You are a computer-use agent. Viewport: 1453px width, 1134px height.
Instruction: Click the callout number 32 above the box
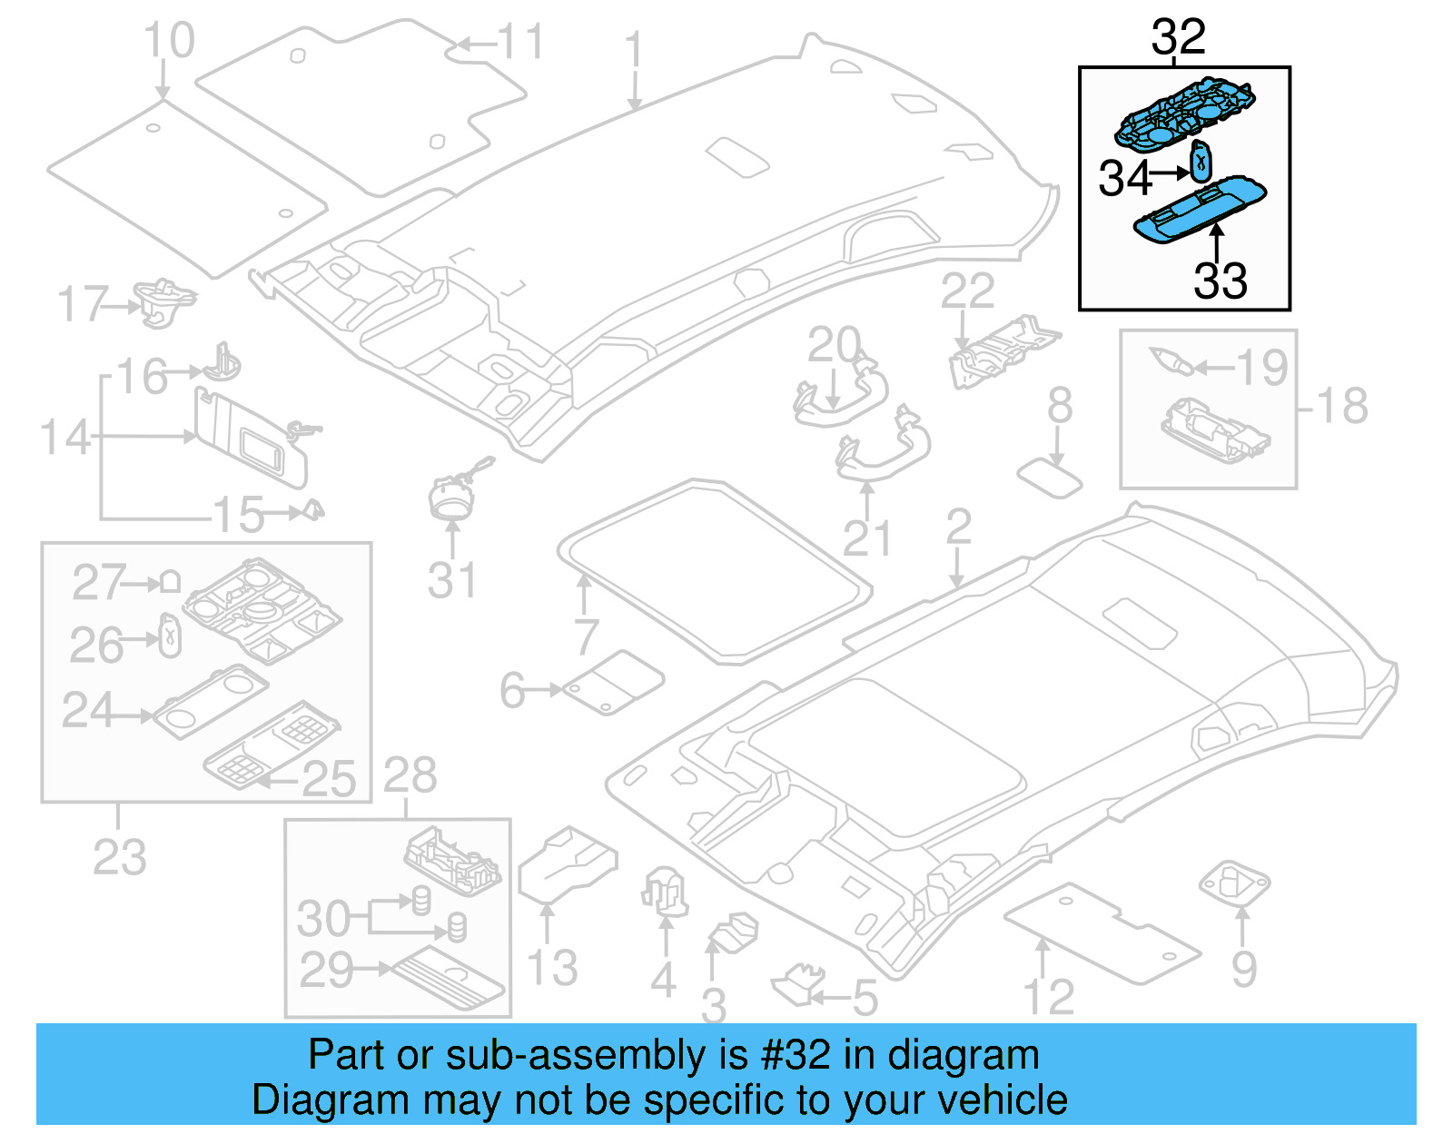(1178, 38)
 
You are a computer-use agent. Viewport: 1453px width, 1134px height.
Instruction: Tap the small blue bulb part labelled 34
(1201, 162)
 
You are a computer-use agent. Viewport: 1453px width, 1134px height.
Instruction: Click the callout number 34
(1124, 178)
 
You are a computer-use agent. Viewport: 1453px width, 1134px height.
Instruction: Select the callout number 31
(451, 581)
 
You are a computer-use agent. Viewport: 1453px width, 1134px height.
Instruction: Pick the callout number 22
(967, 292)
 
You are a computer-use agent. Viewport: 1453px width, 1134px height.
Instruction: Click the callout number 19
(1262, 368)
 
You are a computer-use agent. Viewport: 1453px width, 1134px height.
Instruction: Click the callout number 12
(1049, 998)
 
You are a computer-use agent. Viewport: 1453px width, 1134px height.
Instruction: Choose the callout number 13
(552, 968)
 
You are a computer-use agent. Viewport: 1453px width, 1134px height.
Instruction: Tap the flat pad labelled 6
(614, 682)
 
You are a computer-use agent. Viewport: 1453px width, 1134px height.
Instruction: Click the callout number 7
(586, 636)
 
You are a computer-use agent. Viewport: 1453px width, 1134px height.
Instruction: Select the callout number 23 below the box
(119, 857)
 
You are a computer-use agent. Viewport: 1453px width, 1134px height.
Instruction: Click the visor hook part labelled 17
(163, 301)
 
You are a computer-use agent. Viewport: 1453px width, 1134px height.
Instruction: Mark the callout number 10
(169, 41)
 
